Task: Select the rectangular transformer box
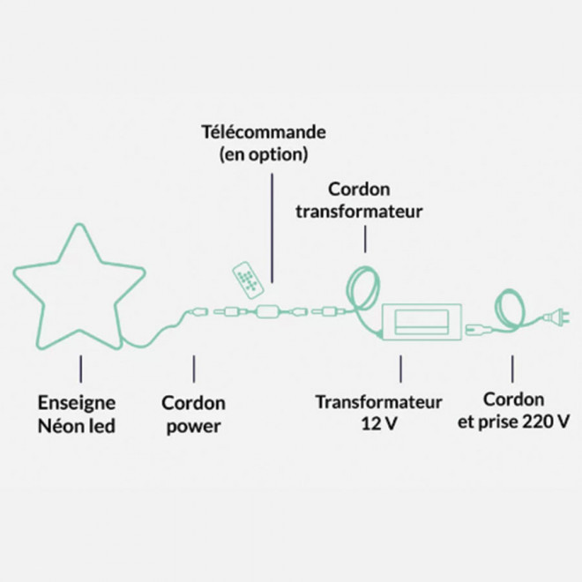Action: (420, 321)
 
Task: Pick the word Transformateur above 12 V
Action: (378, 402)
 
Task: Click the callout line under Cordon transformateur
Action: (365, 236)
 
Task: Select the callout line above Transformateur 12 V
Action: (402, 369)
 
